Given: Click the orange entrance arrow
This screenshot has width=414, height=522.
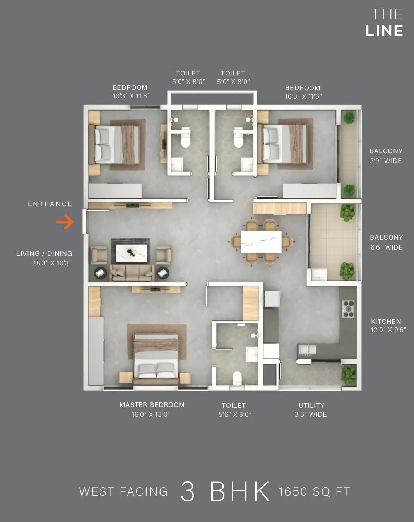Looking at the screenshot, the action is coord(65,222).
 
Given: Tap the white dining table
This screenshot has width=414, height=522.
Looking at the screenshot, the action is coord(261,241).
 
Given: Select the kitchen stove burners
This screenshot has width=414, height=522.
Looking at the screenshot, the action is coord(348,309).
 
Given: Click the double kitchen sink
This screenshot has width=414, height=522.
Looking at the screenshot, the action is coord(308,350).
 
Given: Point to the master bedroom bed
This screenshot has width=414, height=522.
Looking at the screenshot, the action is coord(156,359).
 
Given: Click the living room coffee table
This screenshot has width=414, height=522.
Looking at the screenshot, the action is coord(132,253).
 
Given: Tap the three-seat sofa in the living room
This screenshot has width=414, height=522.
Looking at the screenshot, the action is coord(132,273).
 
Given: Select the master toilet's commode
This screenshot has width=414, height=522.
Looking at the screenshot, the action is coord(237,378).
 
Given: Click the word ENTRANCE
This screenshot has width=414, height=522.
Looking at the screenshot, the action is coord(50,204).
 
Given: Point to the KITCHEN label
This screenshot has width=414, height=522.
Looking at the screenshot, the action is coord(386,322).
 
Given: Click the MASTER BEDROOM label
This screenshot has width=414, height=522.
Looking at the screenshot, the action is coord(152,405).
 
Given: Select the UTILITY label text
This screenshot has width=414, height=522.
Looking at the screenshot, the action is coord(311,406).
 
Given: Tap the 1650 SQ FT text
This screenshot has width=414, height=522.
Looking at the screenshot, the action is coord(315,492).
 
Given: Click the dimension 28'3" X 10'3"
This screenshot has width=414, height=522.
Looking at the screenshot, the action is coord(52,263).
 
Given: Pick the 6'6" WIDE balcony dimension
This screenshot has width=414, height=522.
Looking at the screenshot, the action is coord(387,247).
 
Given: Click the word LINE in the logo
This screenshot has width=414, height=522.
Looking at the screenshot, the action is coord(385,31).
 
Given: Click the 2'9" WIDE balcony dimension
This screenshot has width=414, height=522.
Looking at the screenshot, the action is coord(386,161).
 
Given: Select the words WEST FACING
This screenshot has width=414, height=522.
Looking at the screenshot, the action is coord(123,492).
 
